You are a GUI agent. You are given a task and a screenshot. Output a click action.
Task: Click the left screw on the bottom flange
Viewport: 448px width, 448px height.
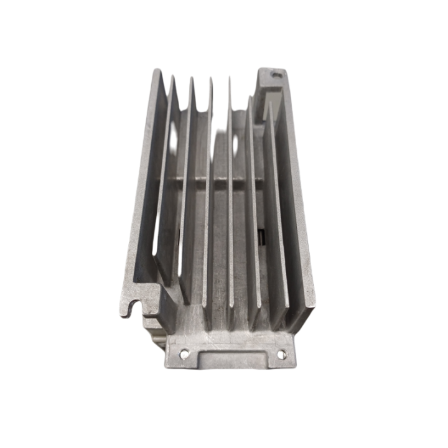tap(184, 355)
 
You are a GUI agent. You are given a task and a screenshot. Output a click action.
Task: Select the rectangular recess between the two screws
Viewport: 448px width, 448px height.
tap(231, 360)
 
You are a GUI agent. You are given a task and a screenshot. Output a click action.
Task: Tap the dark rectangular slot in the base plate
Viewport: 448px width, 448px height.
tap(260, 237)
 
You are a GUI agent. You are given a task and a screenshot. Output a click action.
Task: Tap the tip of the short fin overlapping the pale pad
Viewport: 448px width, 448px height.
tap(250, 96)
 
